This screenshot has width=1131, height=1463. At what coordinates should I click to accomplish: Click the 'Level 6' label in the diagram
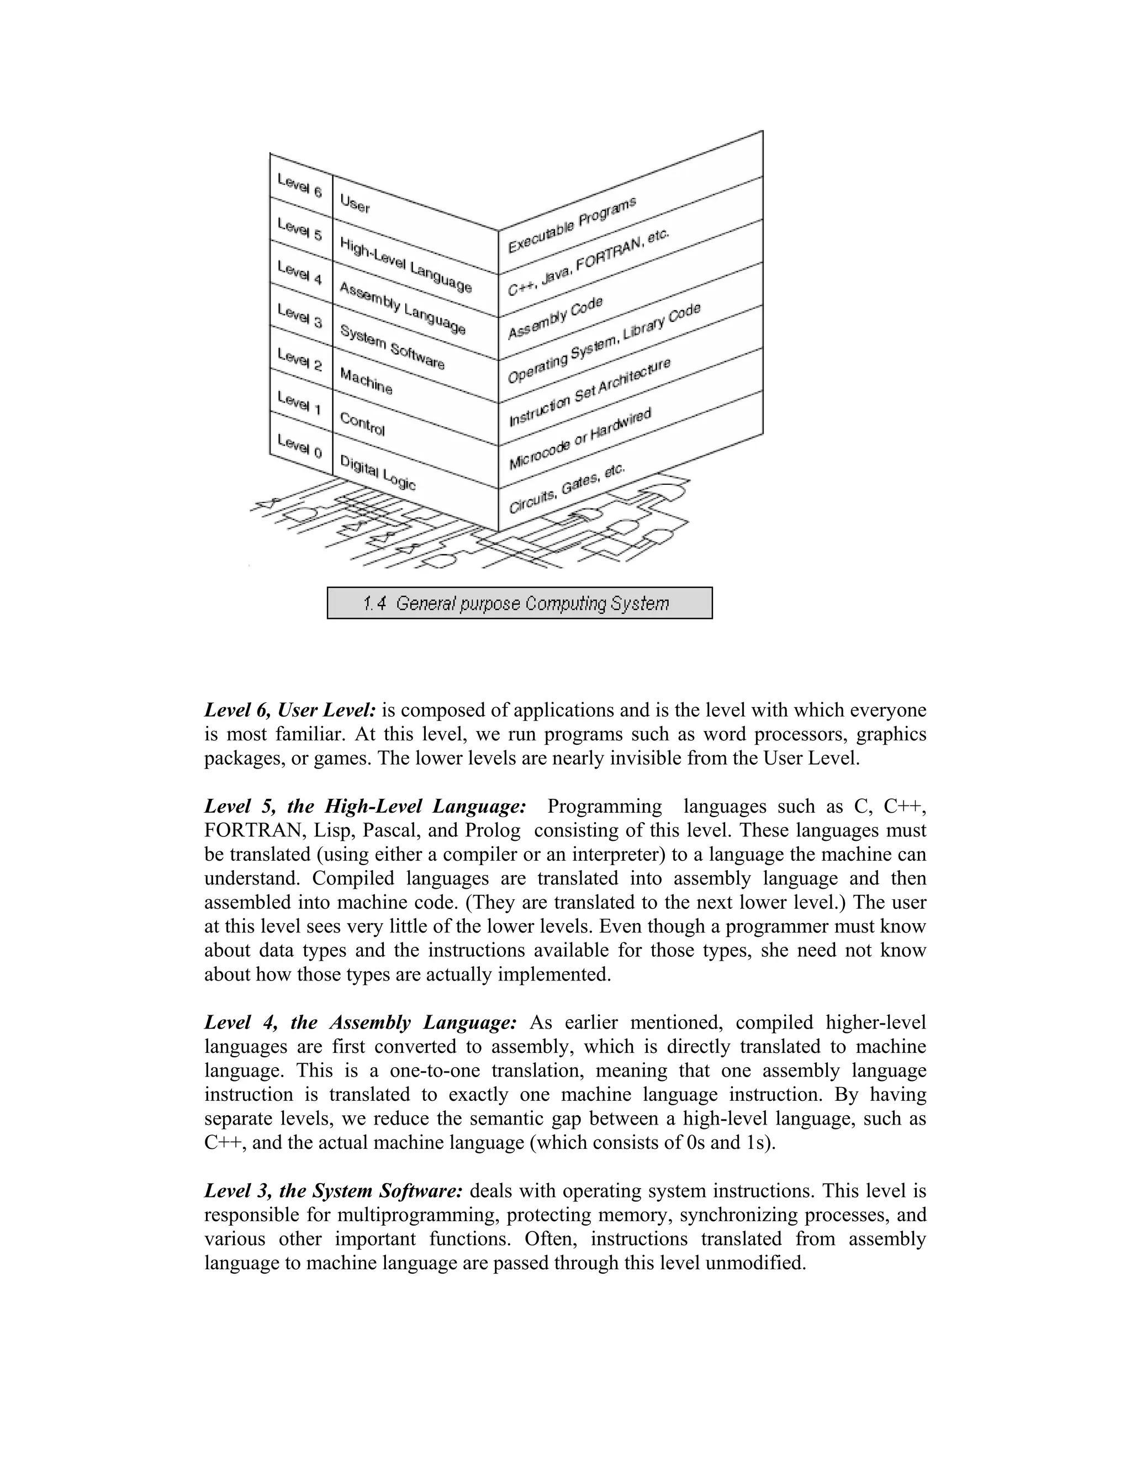299,185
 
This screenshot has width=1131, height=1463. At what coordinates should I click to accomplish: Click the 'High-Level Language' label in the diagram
405,264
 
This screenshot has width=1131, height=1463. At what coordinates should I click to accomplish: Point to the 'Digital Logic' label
377,472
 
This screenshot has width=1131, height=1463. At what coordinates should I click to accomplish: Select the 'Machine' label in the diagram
366,380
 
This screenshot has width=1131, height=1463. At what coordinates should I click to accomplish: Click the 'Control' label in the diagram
362,423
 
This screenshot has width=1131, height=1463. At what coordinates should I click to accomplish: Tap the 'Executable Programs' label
572,225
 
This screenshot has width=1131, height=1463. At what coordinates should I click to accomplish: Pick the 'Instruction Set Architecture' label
589,393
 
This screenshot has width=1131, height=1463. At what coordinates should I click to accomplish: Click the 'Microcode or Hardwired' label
579,439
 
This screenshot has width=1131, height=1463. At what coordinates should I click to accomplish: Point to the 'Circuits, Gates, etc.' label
567,489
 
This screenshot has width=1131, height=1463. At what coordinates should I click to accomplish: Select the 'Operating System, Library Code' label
604,342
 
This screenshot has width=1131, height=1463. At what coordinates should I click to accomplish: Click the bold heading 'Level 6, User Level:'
290,710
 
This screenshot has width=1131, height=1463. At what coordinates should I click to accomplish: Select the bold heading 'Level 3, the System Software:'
334,1191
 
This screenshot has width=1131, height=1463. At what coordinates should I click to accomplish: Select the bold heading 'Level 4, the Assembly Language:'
361,1023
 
